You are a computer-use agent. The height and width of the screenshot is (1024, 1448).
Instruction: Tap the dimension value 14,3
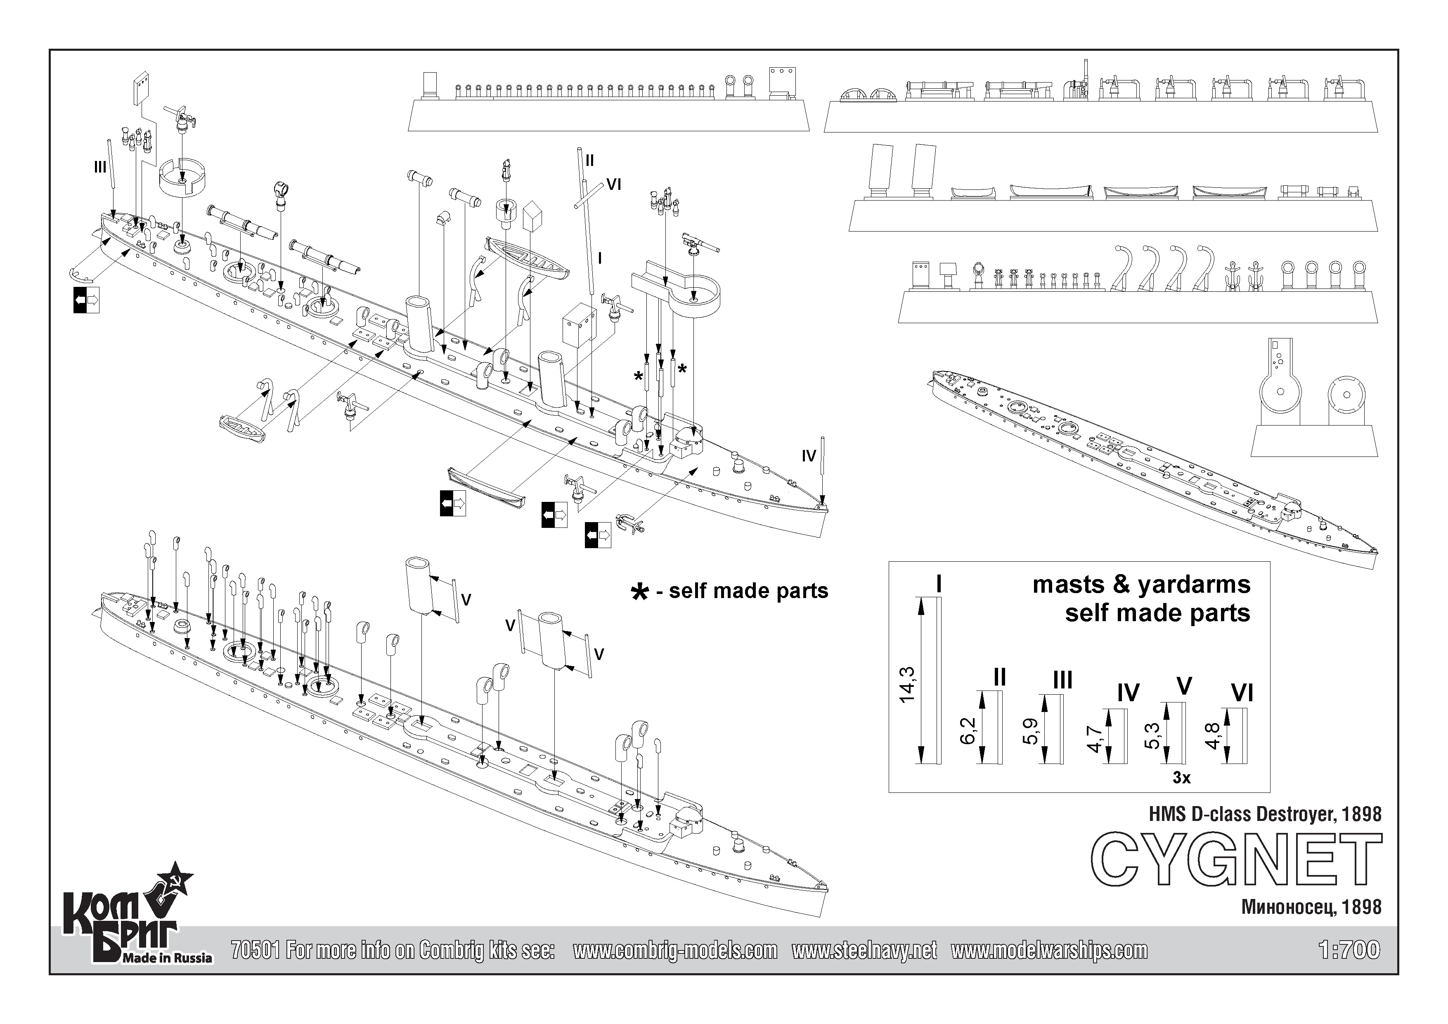pos(907,685)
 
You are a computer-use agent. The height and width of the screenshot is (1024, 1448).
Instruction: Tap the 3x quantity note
pos(1181,778)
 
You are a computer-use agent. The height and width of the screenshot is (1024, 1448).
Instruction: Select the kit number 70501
pos(256,950)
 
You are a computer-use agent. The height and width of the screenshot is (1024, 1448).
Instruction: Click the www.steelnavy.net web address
pos(864,950)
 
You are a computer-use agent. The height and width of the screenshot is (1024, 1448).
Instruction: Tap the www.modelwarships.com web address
pos(1049,950)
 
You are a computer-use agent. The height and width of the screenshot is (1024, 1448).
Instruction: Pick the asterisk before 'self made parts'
pos(639,592)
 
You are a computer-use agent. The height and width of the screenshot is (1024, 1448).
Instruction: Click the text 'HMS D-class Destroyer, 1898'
pos(1265,814)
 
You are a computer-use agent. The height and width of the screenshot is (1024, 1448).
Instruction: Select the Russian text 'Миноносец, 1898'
pos(1311,907)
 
